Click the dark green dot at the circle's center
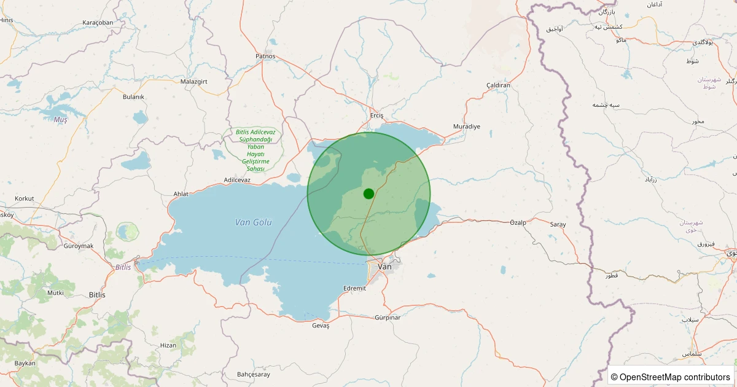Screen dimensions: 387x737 368,193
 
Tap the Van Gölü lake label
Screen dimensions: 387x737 253,222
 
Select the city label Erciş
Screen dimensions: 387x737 376,115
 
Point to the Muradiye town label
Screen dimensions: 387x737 466,126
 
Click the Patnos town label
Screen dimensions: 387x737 265,56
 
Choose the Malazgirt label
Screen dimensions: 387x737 195,81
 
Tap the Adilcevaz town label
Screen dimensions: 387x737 237,179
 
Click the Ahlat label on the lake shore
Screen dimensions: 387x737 181,193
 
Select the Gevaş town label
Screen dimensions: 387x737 321,325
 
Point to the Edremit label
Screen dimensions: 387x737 354,288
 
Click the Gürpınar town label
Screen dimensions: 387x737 387,318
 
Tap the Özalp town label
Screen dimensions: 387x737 518,222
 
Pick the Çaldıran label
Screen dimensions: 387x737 498,85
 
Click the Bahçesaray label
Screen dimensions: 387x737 253,374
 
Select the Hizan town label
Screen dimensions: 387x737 168,345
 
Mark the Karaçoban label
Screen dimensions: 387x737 98,23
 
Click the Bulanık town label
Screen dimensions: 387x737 133,96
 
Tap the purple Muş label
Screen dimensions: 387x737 60,120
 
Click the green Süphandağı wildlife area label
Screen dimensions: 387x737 255,150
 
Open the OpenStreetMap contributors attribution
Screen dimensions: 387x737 671,377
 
